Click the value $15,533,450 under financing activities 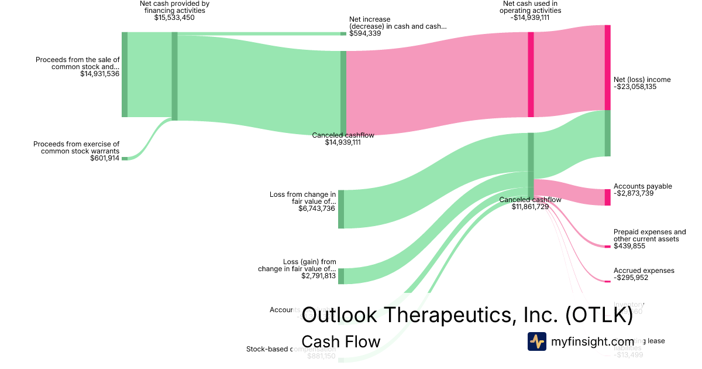point(174,18)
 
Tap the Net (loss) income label point(642,80)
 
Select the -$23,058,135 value point(643,87)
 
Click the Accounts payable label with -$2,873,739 point(642,186)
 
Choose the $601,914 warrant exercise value point(105,158)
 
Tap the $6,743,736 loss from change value point(317,209)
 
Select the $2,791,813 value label point(318,276)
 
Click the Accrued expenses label point(643,271)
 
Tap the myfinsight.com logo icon point(537,341)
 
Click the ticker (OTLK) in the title point(599,316)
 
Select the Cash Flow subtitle point(340,341)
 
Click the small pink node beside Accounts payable point(607,197)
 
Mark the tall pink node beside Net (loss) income point(607,67)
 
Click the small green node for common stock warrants point(124,158)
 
